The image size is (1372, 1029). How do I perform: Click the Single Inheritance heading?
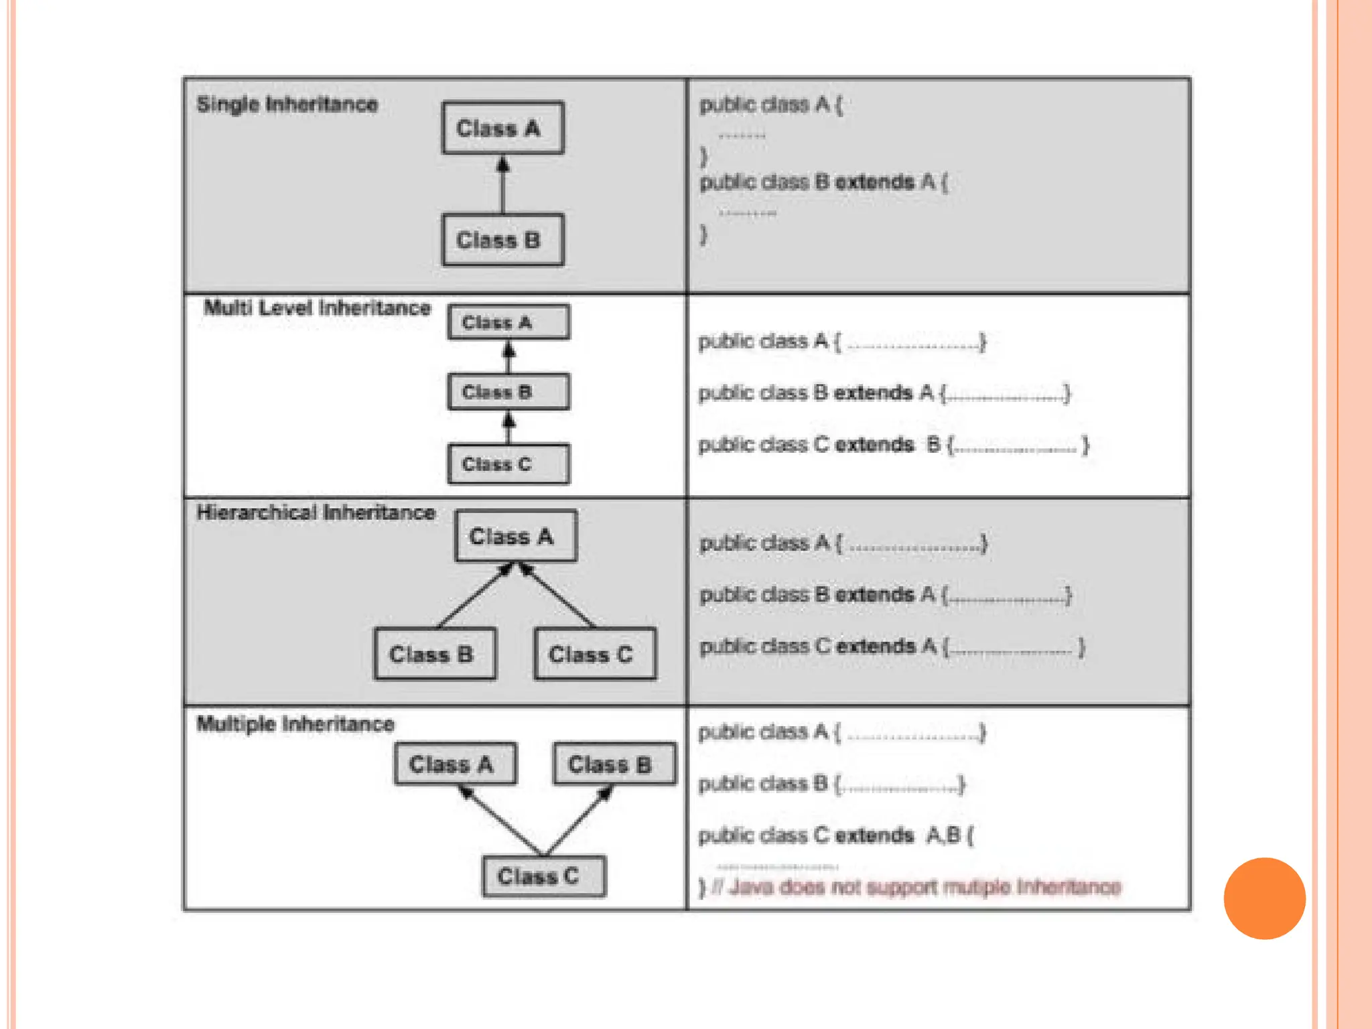[x=287, y=105]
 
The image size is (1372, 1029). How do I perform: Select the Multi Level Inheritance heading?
[x=317, y=308]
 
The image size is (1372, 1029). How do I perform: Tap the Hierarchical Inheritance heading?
[x=316, y=512]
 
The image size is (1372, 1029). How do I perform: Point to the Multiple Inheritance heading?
[x=295, y=724]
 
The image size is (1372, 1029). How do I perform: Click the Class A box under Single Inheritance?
[x=502, y=128]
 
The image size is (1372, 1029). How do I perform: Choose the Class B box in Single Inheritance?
[x=502, y=240]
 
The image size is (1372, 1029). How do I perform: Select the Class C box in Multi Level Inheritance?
[x=508, y=464]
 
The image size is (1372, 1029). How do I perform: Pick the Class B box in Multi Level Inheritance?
[x=508, y=392]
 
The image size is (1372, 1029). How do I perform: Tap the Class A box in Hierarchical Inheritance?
[x=515, y=536]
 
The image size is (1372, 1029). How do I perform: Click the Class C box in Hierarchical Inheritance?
[x=595, y=654]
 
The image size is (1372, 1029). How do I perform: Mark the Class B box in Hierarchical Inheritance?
[x=435, y=654]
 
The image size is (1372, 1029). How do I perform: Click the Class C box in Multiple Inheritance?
[x=544, y=876]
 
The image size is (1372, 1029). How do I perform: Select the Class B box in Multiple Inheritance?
[x=614, y=764]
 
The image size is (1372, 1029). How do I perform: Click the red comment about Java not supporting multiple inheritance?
[x=924, y=887]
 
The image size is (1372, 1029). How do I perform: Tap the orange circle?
[x=1264, y=898]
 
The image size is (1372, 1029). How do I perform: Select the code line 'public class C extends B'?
[x=893, y=445]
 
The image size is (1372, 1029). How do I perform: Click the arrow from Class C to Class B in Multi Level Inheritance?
[x=508, y=428]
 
